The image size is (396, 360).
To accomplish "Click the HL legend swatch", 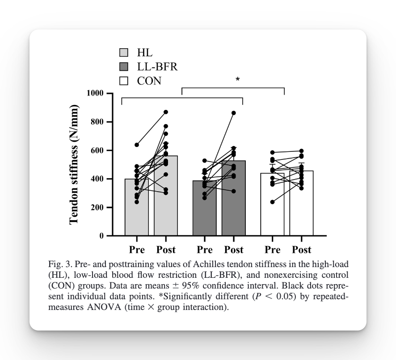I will point(124,53).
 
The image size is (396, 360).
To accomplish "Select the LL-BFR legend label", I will point(157,67).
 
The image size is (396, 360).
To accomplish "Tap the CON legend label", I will point(149,81).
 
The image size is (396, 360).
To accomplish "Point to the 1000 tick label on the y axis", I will point(95,93).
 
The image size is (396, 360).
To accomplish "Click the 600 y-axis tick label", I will point(97,150).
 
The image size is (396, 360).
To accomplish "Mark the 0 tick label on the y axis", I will point(101,235).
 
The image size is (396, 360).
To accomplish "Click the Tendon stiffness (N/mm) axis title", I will point(74,164).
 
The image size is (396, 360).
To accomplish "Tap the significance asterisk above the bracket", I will point(238,80).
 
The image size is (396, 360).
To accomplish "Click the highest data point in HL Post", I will point(166,112).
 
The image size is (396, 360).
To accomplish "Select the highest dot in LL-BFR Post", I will point(233,113).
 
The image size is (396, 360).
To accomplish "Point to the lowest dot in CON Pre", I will point(273,202).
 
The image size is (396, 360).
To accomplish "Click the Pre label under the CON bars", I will point(273,249).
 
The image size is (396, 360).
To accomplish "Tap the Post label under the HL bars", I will point(165,249).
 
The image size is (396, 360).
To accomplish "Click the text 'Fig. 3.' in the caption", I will point(60,264).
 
